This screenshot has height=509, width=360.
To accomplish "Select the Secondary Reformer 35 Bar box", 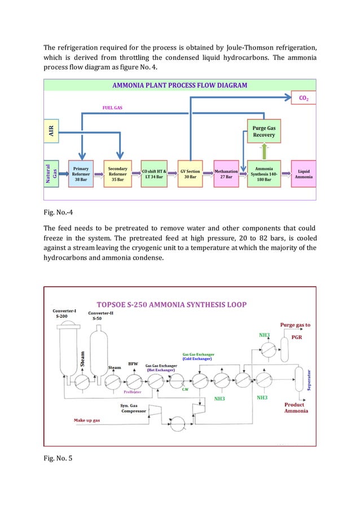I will pyautogui.click(x=117, y=173).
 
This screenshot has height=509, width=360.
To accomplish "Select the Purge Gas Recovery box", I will pyautogui.click(x=264, y=131).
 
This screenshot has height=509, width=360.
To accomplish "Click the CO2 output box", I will pyautogui.click(x=303, y=99).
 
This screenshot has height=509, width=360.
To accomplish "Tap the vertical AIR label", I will pyautogui.click(x=51, y=131).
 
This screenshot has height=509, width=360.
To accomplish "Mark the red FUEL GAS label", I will pyautogui.click(x=112, y=107).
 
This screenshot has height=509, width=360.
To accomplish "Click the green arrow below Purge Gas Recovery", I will pyautogui.click(x=264, y=151).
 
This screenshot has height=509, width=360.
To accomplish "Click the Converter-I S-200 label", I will pyautogui.click(x=65, y=314).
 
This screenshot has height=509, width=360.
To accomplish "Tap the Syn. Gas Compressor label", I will pyautogui.click(x=133, y=408).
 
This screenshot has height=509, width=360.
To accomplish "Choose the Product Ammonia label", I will pyautogui.click(x=296, y=407).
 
